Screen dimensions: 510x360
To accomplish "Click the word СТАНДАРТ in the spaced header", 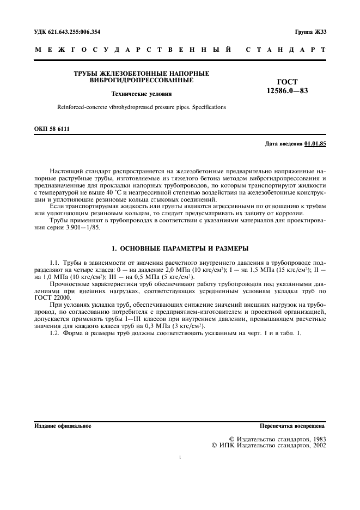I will pos(286,50).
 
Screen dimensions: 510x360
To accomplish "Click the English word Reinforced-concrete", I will pos(75,107).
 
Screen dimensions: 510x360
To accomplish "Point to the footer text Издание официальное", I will pos(63,426).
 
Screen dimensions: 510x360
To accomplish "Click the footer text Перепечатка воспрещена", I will pos(292,426).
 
